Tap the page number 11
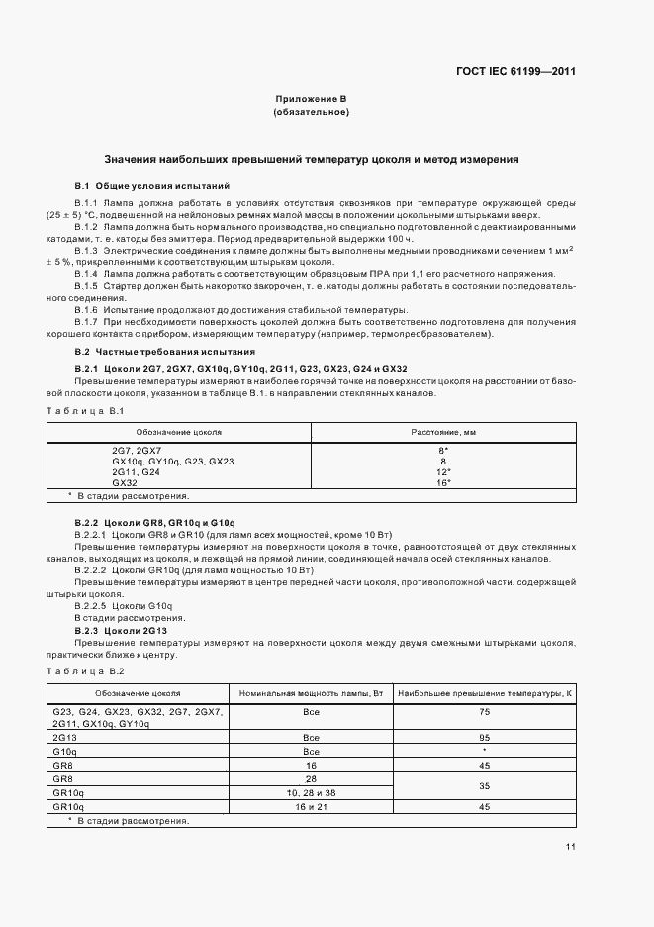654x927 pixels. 571,846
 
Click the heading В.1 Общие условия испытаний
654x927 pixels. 152,185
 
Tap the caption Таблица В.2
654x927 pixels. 84,671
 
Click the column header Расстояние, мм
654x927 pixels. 443,432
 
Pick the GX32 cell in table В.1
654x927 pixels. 125,482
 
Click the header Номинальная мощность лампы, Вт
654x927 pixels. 311,693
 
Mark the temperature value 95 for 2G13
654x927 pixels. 485,738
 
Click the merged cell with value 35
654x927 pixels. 485,785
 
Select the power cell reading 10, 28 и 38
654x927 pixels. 311,793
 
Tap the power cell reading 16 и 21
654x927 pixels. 311,807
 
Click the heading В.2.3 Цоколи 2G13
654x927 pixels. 122,631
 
